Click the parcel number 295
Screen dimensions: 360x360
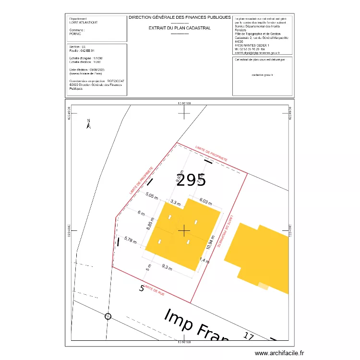[x=191, y=180]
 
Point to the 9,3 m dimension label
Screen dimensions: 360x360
[x=168, y=267]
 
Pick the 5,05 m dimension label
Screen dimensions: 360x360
[x=152, y=196]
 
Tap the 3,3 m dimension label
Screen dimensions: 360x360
[x=176, y=203]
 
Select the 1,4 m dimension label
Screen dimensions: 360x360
[x=204, y=261]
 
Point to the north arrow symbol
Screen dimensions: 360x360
[x=88, y=124]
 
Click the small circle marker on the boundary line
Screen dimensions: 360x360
[x=108, y=316]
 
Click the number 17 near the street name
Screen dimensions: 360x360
[x=248, y=336]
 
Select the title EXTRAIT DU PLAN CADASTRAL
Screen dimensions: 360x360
[x=180, y=28]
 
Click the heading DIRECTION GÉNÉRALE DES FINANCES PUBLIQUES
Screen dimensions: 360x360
[x=180, y=17]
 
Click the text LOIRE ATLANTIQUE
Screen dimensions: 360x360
[x=84, y=22]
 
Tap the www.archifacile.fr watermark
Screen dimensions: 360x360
[x=279, y=353]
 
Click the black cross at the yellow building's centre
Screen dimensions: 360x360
[x=184, y=231]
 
